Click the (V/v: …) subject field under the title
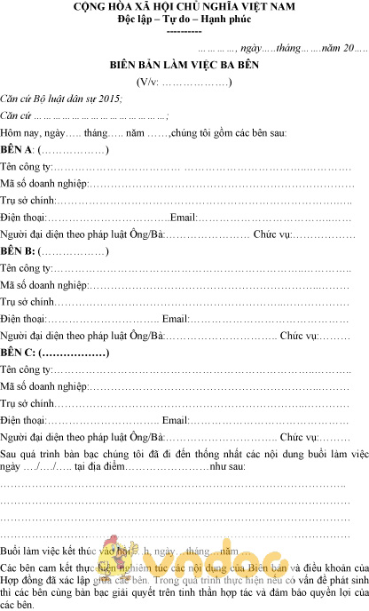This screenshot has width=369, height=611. point(184,83)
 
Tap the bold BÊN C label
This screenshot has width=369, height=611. point(17,353)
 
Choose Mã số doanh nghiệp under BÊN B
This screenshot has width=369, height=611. point(43,285)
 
